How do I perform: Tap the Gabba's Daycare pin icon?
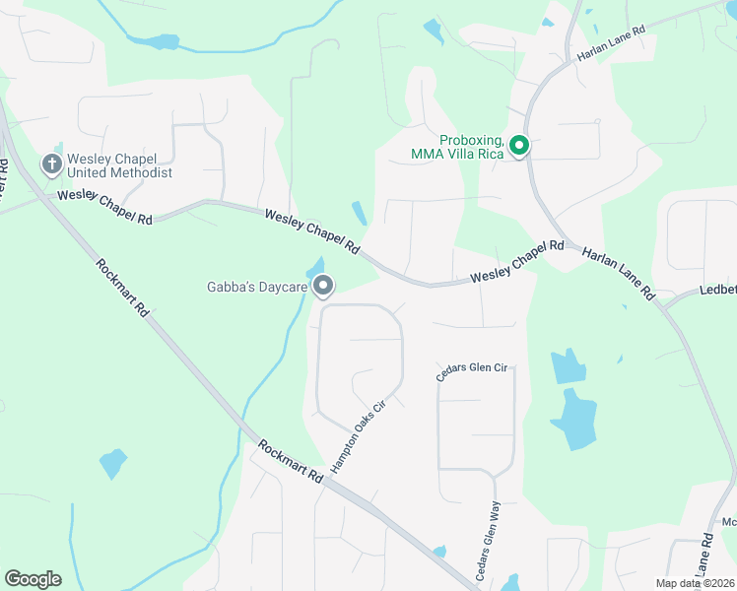(322, 286)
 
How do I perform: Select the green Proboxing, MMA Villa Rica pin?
(518, 147)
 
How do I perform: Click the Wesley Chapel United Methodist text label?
(119, 165)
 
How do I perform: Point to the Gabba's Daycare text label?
(258, 288)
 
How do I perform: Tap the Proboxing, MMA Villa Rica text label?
(457, 147)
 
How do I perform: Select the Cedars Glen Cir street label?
(473, 371)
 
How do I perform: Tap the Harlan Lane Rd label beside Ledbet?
(618, 273)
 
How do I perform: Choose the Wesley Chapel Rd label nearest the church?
(105, 208)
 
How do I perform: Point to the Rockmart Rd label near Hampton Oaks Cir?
(291, 460)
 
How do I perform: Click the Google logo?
(33, 579)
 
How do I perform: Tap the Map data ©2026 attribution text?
(695, 583)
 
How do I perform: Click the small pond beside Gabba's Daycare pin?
(316, 266)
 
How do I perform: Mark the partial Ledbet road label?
(717, 290)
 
